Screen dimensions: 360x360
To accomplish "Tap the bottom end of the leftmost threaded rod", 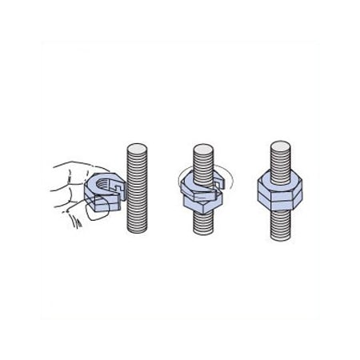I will tap(137, 230).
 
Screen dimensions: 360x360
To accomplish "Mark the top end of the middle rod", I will tap(203, 149).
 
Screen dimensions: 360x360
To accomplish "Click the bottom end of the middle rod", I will tap(203, 233).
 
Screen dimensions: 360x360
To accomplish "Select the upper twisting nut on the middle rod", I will tap(197, 186).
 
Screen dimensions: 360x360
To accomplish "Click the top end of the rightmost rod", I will tap(280, 146).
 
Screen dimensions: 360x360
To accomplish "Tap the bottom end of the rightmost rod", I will tap(280, 236).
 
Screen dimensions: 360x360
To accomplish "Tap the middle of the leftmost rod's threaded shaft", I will tap(137, 190).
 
